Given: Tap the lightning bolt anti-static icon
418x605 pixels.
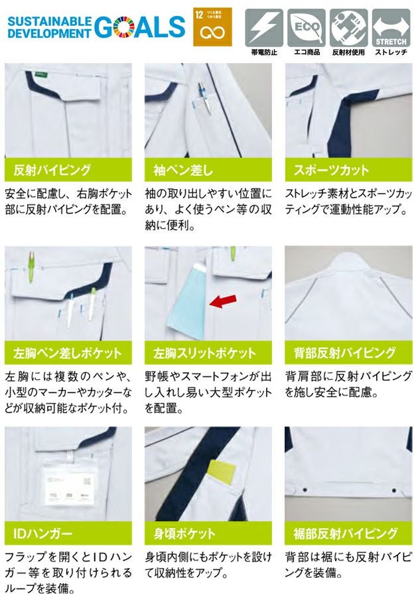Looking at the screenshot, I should point(264,27).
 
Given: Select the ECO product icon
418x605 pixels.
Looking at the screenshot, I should point(306,27).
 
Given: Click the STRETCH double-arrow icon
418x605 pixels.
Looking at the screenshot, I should point(391,27).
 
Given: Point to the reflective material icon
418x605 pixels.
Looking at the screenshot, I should point(348,27).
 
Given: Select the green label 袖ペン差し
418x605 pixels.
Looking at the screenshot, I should point(208,169).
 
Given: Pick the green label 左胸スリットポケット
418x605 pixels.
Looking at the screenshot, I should point(208,352).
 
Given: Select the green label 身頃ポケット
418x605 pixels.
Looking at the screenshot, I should point(208,533).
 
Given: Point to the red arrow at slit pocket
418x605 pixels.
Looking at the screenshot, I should point(222,302).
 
